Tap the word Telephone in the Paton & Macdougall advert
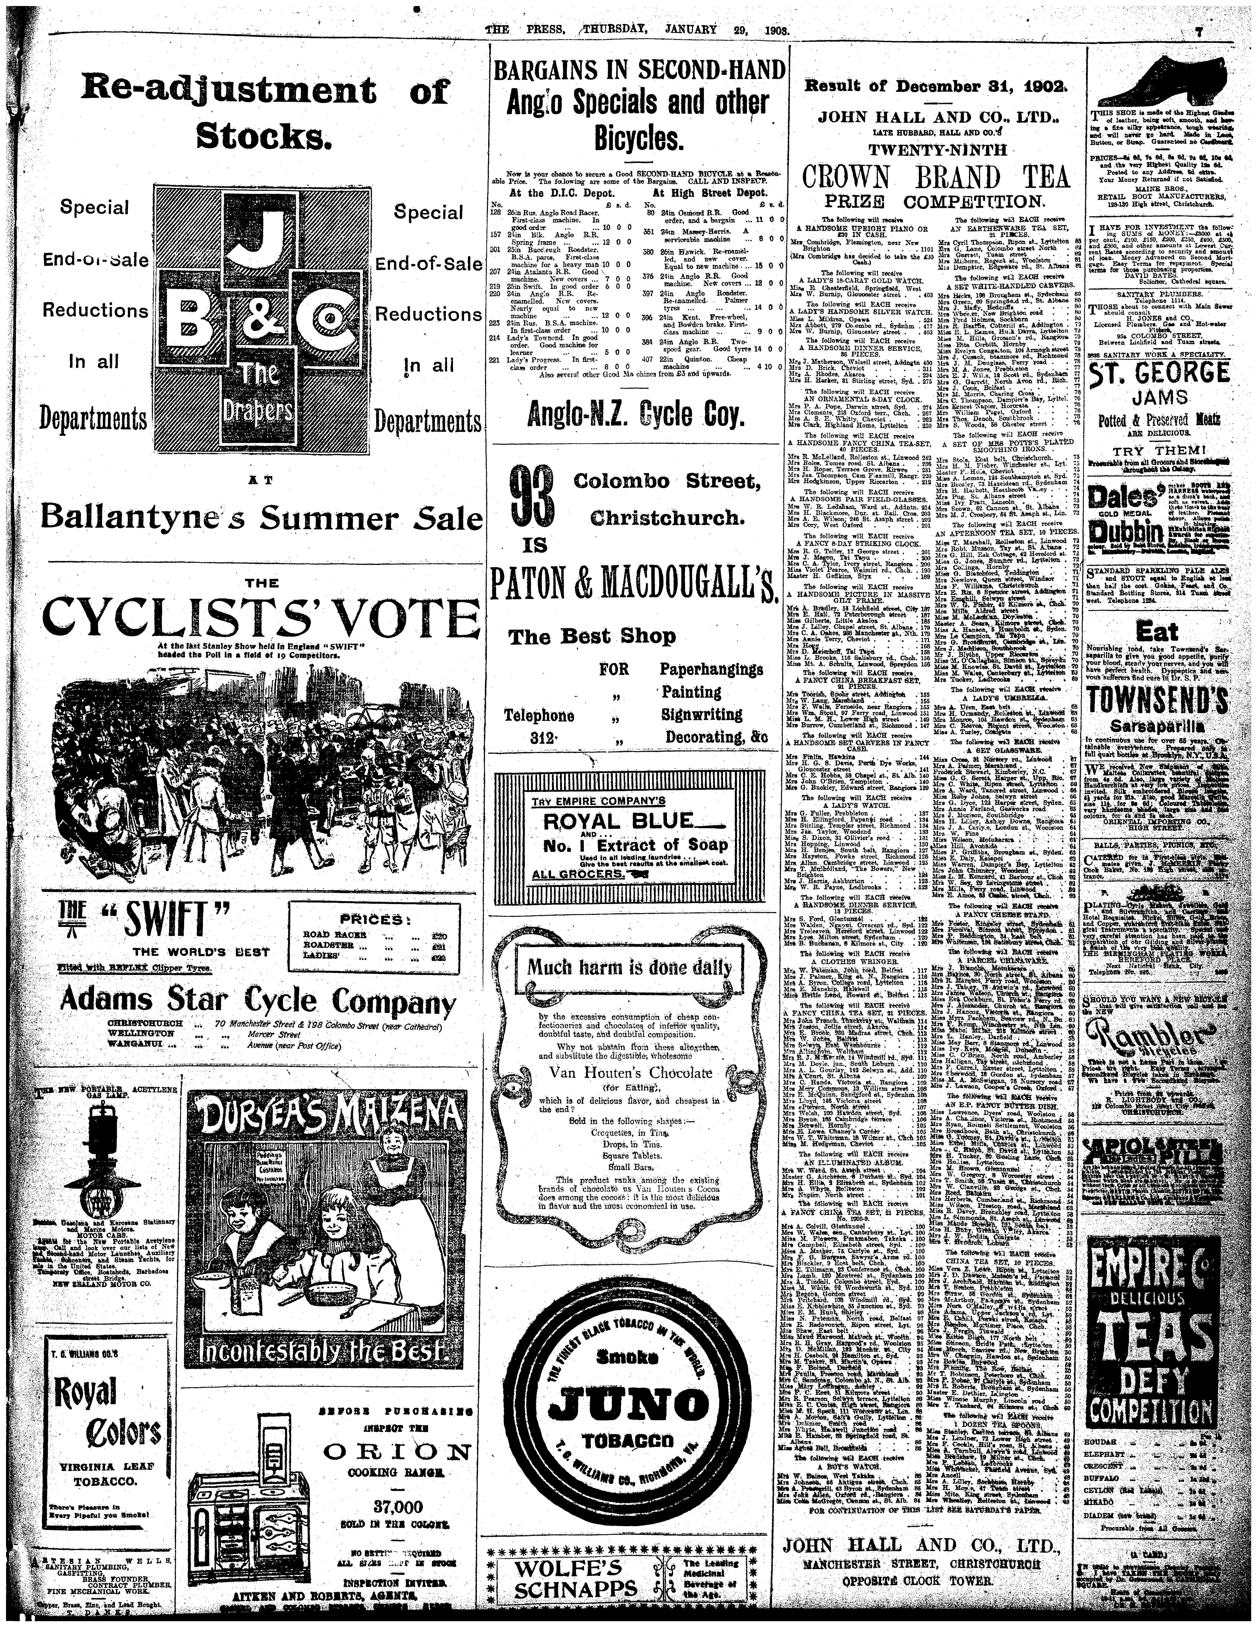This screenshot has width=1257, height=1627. [539, 716]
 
